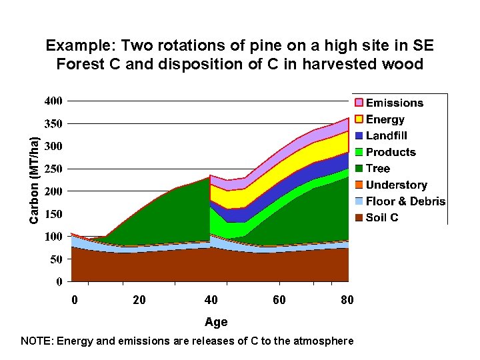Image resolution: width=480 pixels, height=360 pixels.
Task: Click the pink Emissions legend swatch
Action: [x=359, y=103]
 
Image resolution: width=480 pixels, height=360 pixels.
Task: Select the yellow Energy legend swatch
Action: [x=359, y=119]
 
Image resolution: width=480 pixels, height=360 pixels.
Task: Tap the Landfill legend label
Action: [x=391, y=136]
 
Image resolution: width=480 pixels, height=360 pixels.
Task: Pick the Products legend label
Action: [x=391, y=152]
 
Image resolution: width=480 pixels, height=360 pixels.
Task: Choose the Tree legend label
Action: [x=378, y=169]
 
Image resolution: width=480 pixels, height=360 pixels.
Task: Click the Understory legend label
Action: [x=396, y=185]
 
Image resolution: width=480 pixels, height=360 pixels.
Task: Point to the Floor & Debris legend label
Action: [x=405, y=201]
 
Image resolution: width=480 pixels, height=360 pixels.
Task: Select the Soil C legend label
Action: [x=382, y=218]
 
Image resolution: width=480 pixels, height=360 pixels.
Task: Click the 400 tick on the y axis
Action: [x=54, y=101]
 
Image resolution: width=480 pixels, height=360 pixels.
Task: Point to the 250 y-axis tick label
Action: [x=54, y=169]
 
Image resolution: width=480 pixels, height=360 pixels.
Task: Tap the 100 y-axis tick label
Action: [x=54, y=237]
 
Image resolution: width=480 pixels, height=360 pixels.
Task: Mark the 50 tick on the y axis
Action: [x=57, y=259]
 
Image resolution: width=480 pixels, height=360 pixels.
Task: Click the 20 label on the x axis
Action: [x=139, y=301]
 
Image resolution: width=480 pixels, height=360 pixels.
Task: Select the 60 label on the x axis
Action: [x=279, y=301]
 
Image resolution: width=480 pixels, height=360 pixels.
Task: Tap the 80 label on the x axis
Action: [x=347, y=301]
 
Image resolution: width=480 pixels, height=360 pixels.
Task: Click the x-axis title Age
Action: [x=216, y=322]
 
